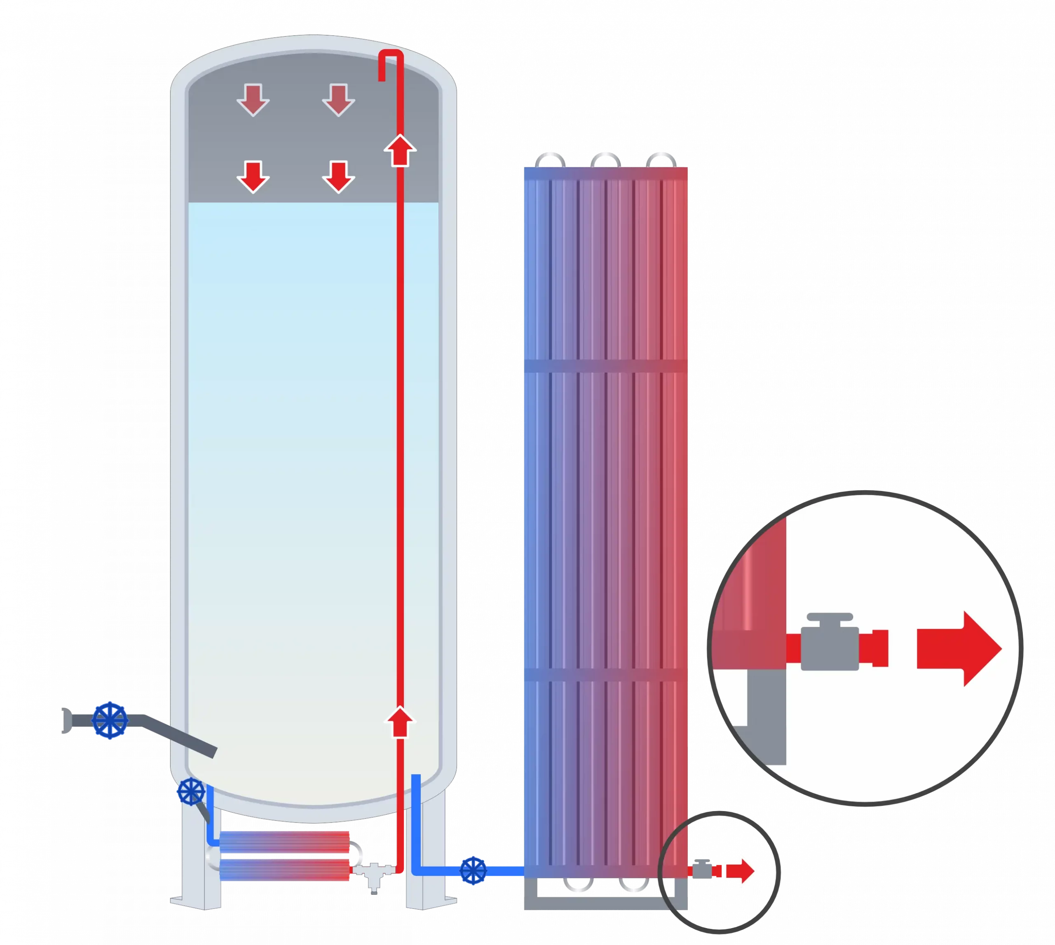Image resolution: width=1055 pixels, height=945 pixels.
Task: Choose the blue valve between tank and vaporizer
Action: [x=473, y=870]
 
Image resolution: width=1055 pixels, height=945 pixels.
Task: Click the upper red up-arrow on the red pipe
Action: [x=399, y=150]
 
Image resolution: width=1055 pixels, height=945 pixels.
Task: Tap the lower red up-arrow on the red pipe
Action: [x=399, y=722]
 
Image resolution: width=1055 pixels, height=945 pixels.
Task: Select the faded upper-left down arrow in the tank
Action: [x=253, y=99]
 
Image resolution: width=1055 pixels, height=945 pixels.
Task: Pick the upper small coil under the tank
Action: [x=285, y=841]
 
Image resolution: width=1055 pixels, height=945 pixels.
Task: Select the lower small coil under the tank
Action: [x=285, y=870]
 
